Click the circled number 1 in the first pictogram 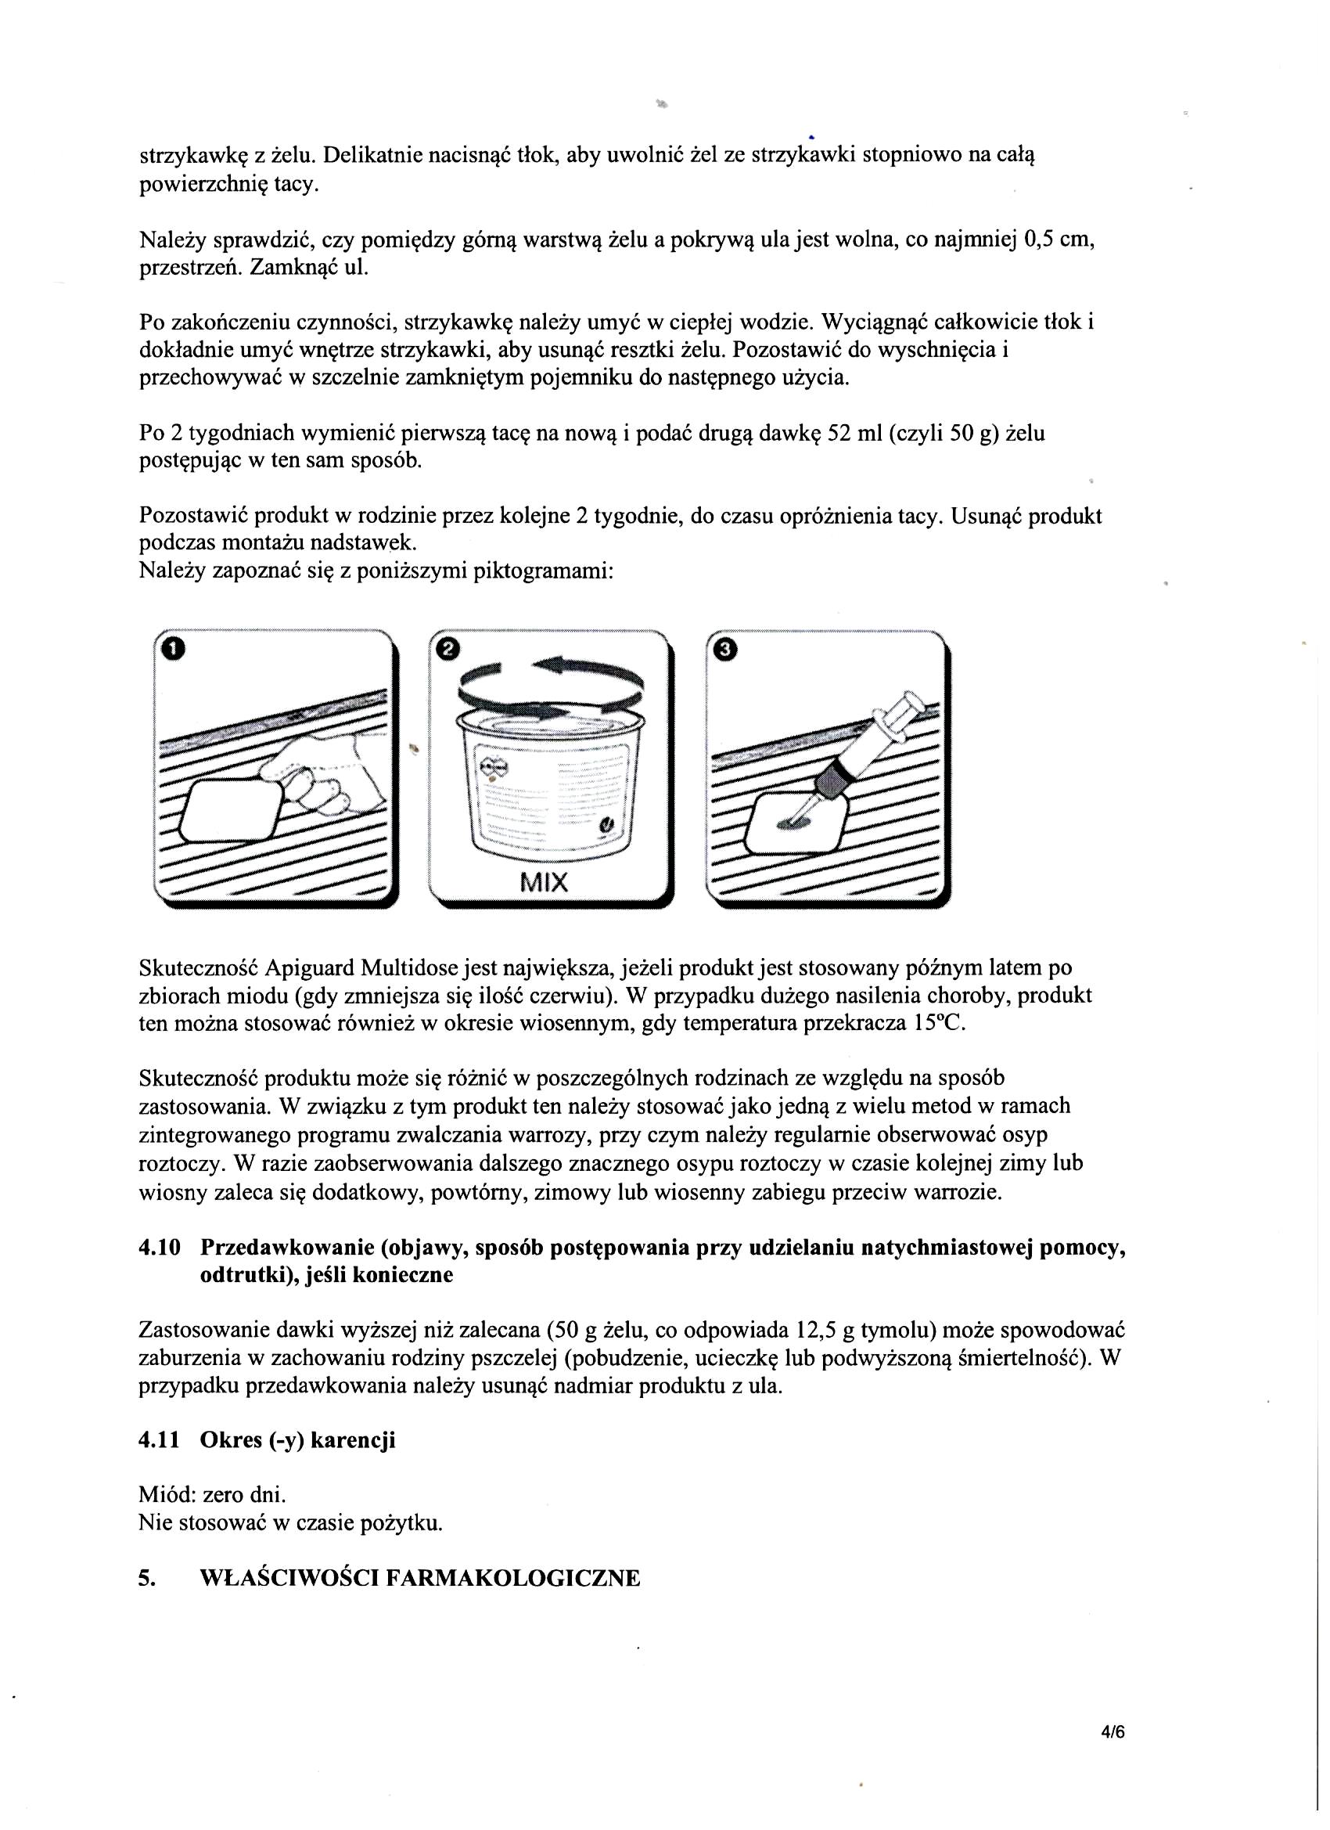click(174, 648)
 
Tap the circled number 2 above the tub click(447, 648)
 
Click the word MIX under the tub click(545, 883)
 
